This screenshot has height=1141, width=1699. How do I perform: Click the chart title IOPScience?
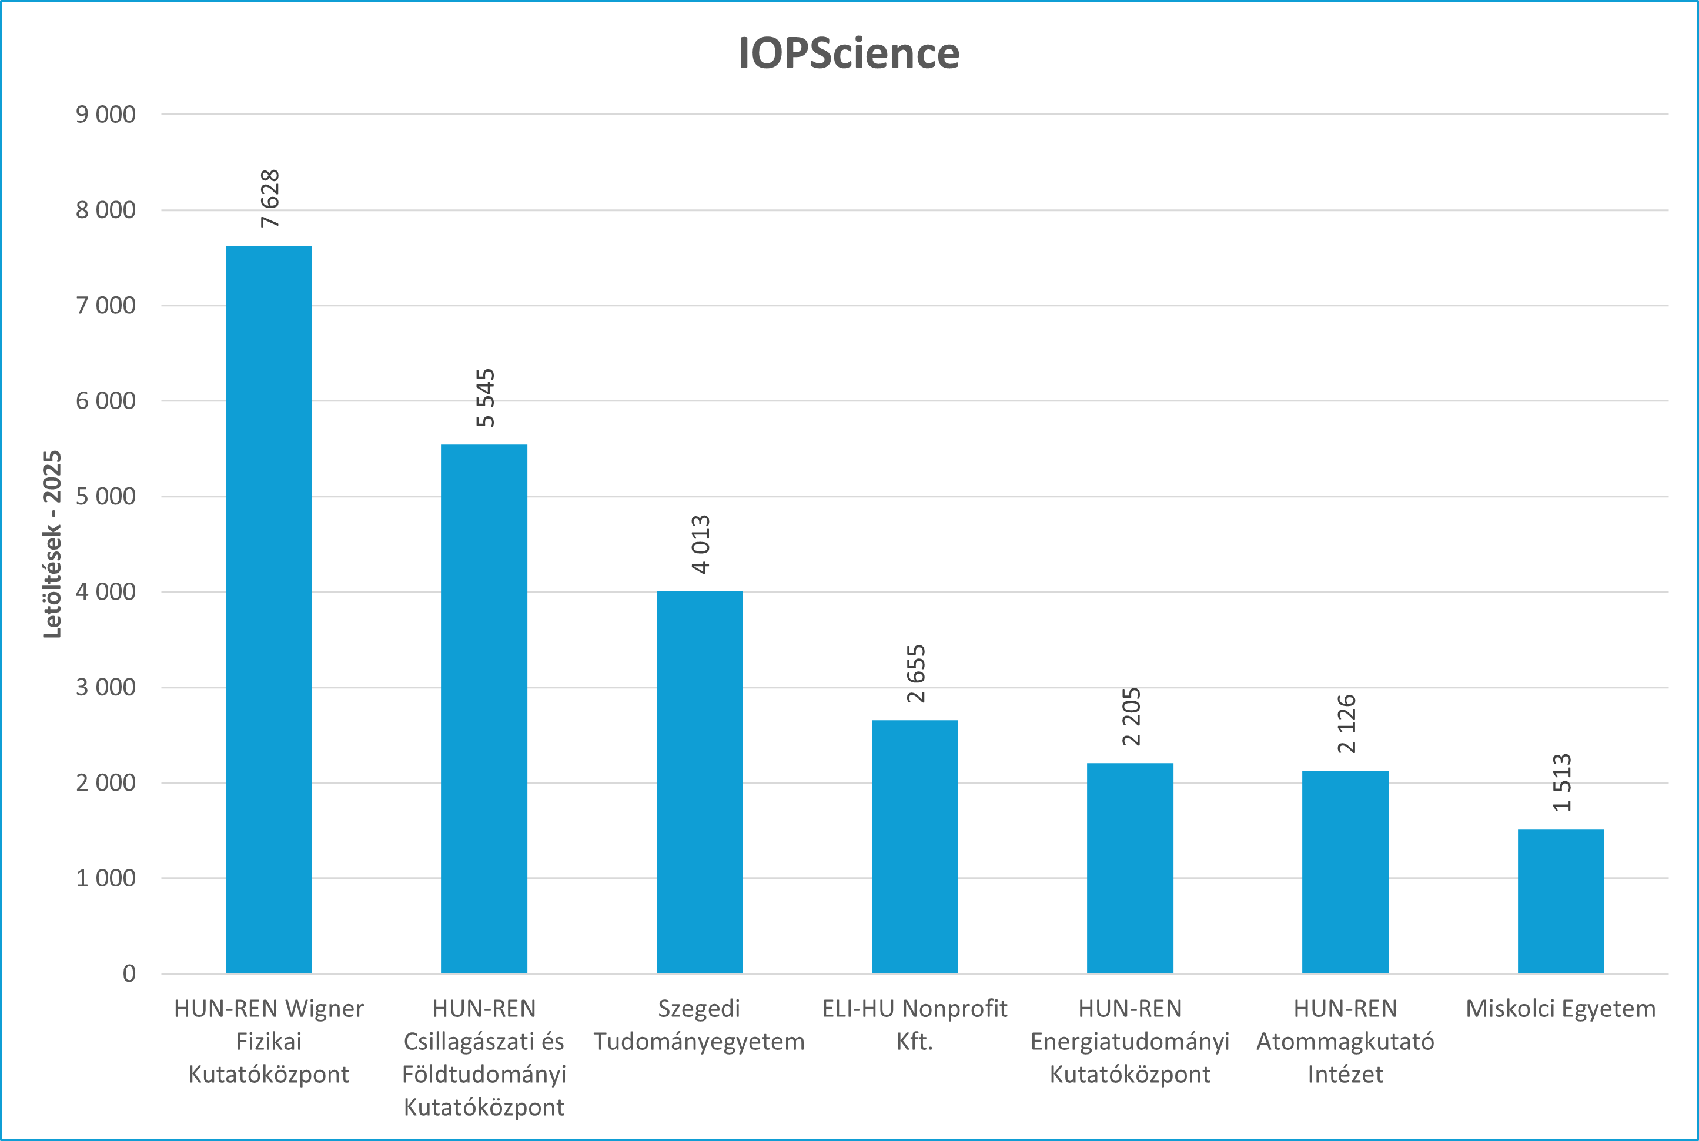[849, 53]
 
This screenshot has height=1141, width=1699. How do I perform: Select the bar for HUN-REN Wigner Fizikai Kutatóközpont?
[269, 609]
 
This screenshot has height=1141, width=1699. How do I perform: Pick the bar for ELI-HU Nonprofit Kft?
[915, 846]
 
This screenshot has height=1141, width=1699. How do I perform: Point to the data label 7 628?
[270, 199]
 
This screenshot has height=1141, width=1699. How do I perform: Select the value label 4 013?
[701, 544]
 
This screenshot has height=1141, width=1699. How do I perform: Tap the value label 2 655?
[916, 673]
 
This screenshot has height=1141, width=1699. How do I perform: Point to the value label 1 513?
[1562, 782]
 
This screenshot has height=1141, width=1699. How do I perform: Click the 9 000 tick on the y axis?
[105, 114]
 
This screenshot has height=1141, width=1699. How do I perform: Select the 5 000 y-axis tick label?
[105, 496]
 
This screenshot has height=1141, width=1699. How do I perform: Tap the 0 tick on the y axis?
[129, 973]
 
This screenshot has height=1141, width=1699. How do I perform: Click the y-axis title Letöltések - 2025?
[52, 544]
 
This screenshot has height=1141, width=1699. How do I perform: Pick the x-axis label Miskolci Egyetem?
[1561, 1009]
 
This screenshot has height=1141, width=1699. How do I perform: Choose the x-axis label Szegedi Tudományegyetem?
[699, 1025]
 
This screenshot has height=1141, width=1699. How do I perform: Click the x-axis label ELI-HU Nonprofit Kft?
[915, 1025]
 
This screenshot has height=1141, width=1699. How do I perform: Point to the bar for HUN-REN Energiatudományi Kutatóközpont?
[1130, 868]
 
